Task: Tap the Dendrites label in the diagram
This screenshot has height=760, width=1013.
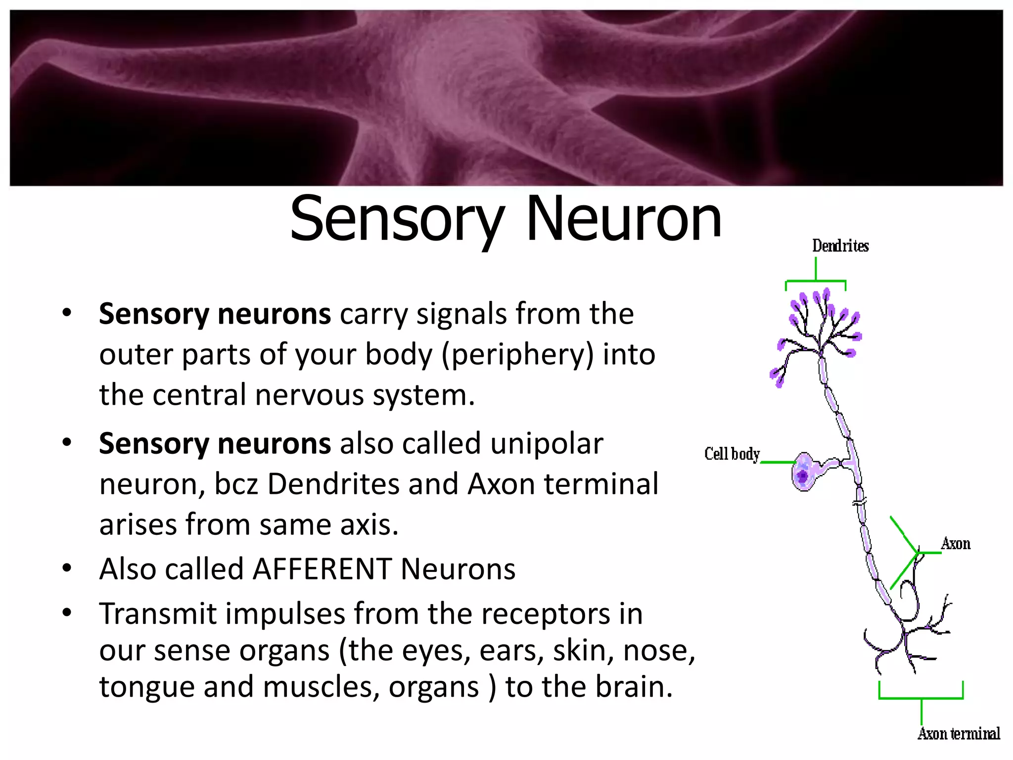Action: [x=840, y=245]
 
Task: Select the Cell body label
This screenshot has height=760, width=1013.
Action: [x=732, y=454]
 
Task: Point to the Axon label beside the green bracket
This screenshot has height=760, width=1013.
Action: [x=956, y=544]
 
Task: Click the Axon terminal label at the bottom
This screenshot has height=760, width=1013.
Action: [x=959, y=733]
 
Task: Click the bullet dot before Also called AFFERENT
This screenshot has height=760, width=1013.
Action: [x=67, y=568]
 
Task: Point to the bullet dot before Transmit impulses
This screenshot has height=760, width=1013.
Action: [x=67, y=613]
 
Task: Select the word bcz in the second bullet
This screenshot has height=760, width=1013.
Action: [x=236, y=484]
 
